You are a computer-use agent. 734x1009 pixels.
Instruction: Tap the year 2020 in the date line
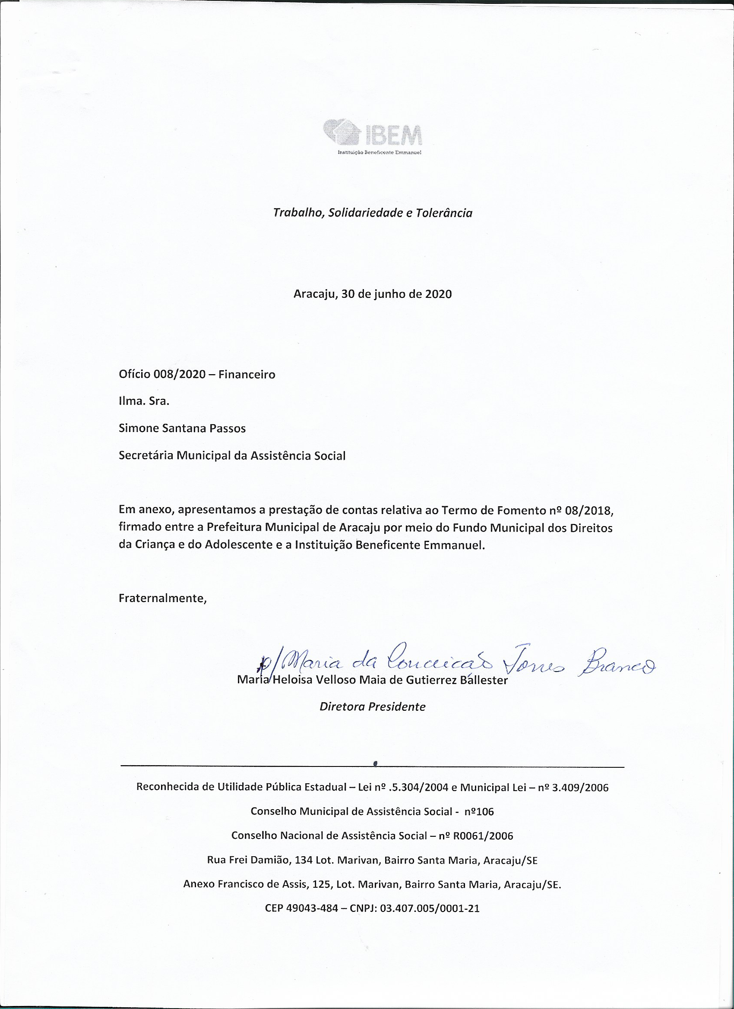438,294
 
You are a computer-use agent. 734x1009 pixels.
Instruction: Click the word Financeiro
247,375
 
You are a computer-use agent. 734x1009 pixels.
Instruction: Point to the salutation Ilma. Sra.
144,401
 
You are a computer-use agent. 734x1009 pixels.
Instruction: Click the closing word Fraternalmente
162,599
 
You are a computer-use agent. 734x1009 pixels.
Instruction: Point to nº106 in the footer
479,811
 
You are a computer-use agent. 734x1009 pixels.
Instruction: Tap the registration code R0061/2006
483,836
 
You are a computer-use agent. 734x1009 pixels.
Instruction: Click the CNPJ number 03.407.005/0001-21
430,908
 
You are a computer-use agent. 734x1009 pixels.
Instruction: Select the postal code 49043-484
312,908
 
